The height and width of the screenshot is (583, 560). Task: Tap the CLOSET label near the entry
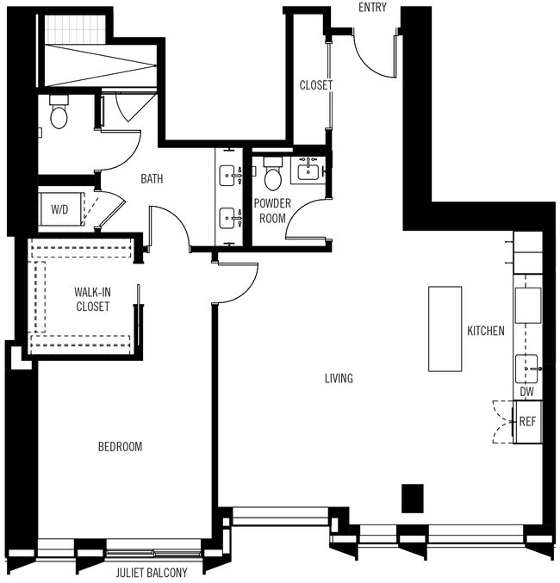[315, 85]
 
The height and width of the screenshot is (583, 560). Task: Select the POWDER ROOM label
[271, 210]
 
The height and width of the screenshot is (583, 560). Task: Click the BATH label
[152, 179]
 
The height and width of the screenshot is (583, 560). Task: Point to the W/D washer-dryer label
[60, 208]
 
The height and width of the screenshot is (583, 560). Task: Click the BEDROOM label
[120, 447]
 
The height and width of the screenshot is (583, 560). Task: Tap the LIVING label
[339, 378]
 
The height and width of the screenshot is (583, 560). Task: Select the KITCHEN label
[486, 331]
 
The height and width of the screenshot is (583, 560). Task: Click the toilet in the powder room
[273, 177]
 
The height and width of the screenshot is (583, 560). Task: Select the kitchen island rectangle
[445, 328]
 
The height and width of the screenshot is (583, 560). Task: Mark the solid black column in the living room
[413, 498]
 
